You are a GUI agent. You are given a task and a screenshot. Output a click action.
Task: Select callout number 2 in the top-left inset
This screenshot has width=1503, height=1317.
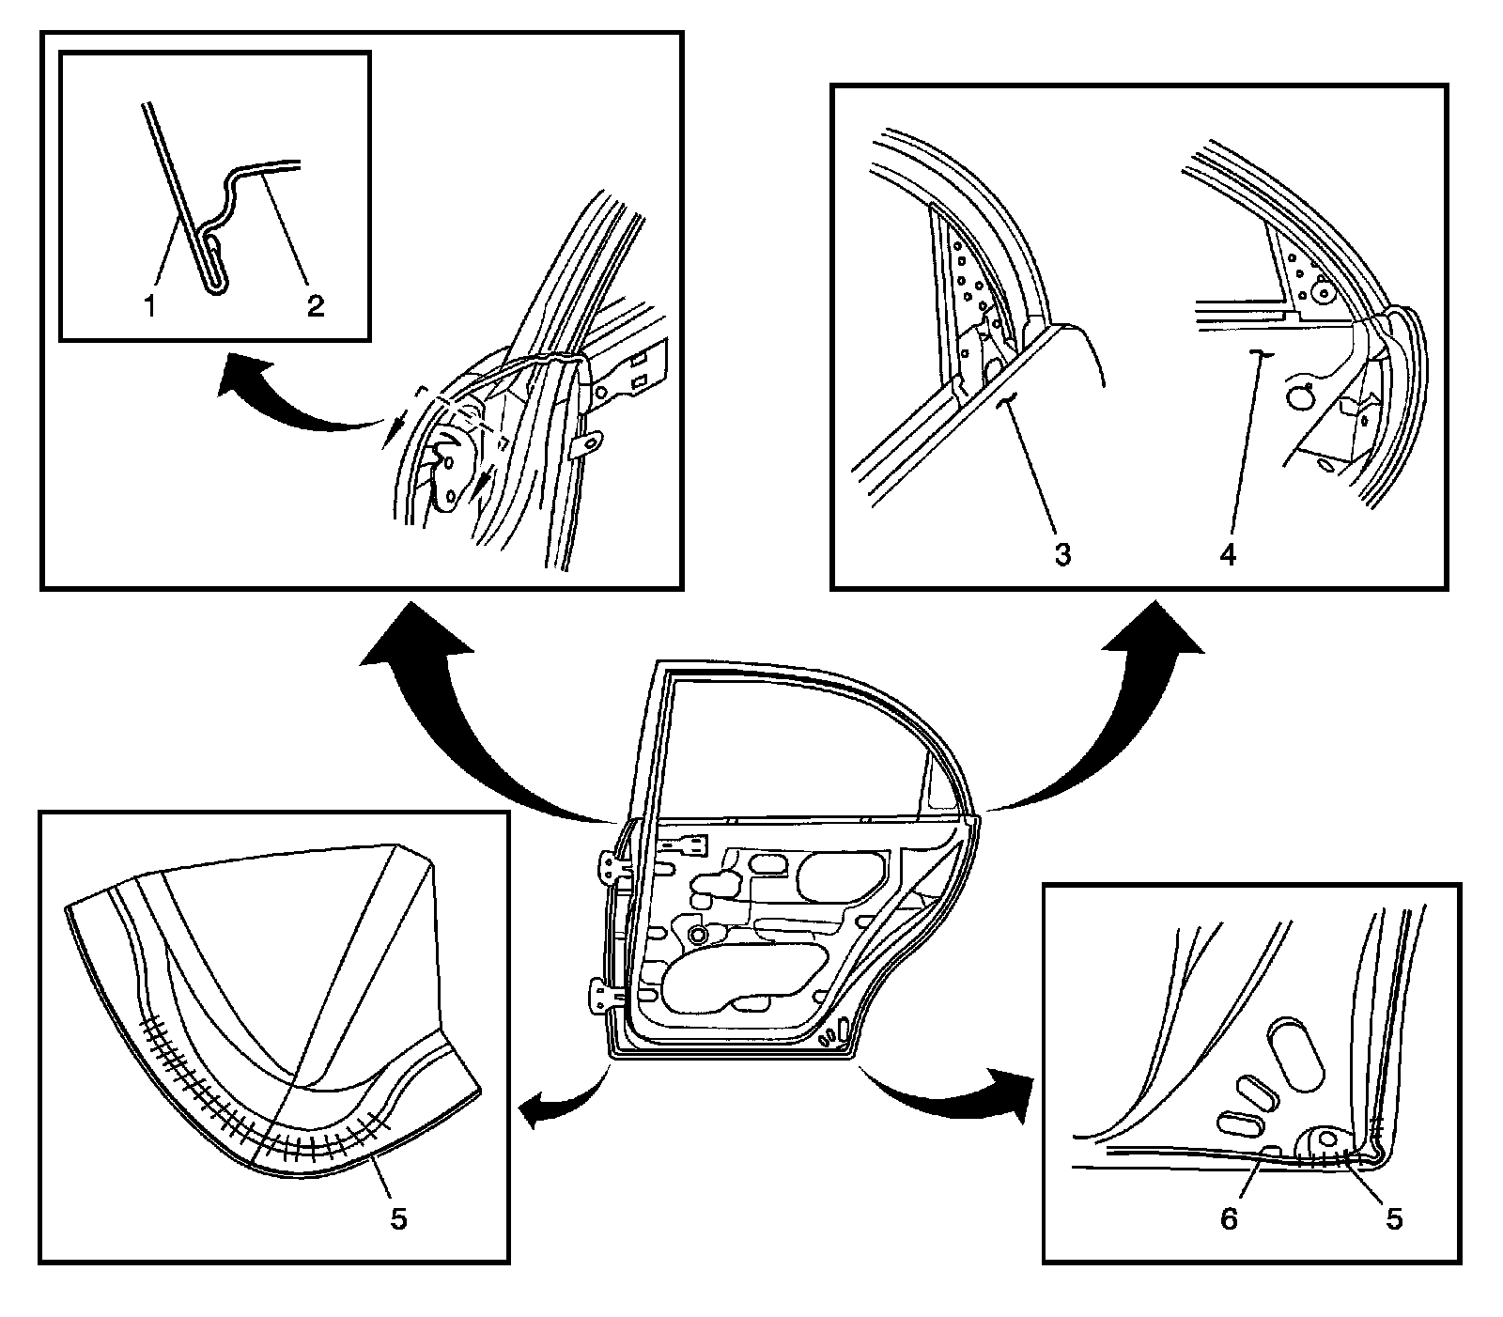pyautogui.click(x=315, y=305)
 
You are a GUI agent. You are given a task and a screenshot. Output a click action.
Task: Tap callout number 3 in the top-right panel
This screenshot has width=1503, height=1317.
pyautogui.click(x=1061, y=554)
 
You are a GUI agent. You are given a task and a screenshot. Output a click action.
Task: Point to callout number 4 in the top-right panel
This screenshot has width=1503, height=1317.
pyautogui.click(x=1228, y=554)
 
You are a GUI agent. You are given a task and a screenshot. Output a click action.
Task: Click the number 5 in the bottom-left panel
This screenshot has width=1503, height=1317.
pyautogui.click(x=398, y=1219)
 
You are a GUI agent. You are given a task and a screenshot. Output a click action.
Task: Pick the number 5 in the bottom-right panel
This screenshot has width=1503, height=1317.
pyautogui.click(x=1393, y=1218)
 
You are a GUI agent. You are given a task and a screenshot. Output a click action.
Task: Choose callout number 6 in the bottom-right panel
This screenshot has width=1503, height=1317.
pyautogui.click(x=1229, y=1218)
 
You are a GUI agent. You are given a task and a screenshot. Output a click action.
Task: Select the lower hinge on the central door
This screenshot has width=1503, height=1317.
pyautogui.click(x=605, y=996)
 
